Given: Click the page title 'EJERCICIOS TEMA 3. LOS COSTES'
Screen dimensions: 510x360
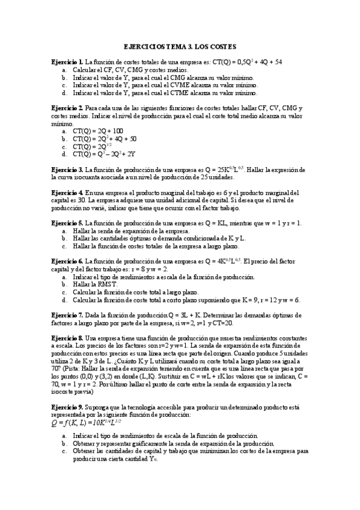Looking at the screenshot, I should [180, 46].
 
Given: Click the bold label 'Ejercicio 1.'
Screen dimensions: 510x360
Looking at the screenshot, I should [67, 62].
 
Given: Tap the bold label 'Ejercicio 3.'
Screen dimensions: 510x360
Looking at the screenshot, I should [67, 170].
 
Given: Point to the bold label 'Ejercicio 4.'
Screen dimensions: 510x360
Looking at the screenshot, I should [67, 192].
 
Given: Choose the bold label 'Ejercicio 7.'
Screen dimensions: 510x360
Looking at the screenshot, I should [67, 315].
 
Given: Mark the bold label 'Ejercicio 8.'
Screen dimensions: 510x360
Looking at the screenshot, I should [67, 339].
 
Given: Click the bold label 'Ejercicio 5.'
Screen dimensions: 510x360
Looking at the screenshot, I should [67, 223].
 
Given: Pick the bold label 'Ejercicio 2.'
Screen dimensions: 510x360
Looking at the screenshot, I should [67, 108].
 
